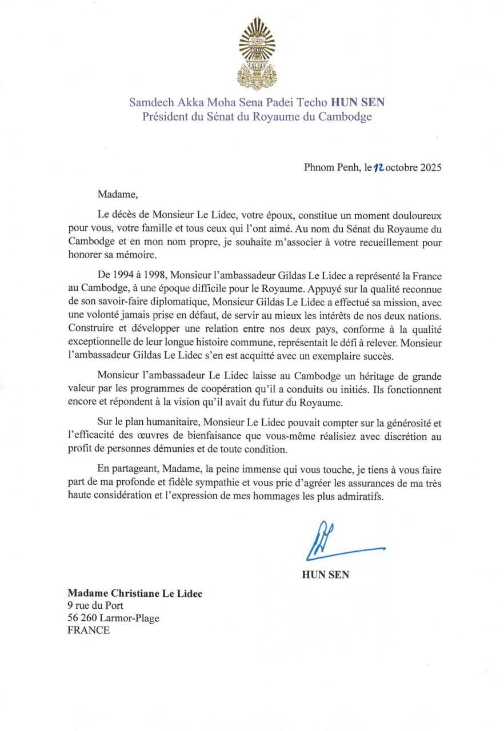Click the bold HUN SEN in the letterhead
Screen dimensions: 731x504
coord(357,103)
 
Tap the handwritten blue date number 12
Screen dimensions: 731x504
coord(379,168)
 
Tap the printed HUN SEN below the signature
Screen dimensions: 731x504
coord(325,575)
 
